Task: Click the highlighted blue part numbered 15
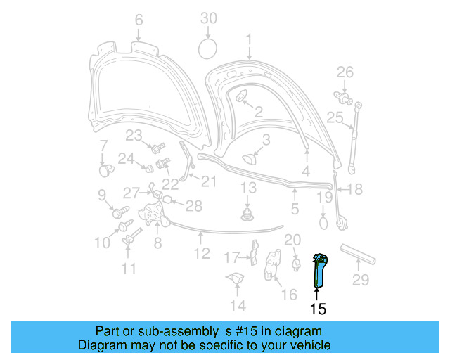tap(319, 270)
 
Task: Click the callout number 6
tap(138, 19)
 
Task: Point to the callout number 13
tap(249, 188)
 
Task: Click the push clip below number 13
tap(247, 213)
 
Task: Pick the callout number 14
tap(238, 305)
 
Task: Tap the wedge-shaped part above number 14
tap(234, 279)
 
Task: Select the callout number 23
tap(134, 135)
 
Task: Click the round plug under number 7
tap(105, 169)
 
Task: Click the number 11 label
tap(129, 268)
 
